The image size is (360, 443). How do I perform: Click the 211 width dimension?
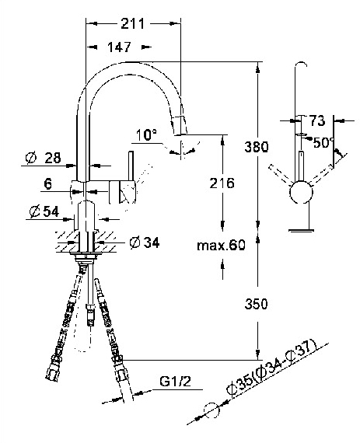click(132, 24)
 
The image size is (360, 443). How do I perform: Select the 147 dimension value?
click(119, 47)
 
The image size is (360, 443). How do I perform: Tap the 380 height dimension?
click(256, 147)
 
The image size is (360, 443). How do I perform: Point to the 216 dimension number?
click(222, 183)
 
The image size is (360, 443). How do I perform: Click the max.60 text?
click(221, 245)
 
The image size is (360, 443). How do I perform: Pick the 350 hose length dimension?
click(256, 304)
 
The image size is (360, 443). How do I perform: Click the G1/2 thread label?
click(175, 381)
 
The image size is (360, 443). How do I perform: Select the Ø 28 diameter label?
click(43, 158)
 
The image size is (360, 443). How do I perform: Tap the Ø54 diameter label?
click(44, 211)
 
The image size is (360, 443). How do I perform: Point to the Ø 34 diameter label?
click(144, 242)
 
